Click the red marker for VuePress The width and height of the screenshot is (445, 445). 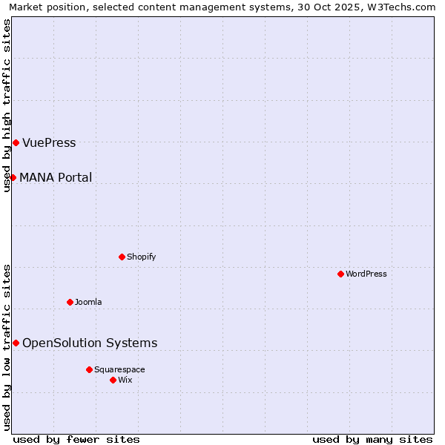[16, 142]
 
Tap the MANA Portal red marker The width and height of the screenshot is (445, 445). [13, 177]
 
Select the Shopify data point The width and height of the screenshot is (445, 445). [122, 257]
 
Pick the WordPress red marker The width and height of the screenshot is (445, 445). [340, 274]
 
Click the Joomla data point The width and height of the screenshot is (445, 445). [70, 302]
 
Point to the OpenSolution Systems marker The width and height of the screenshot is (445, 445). [16, 343]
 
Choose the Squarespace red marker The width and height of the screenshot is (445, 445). [89, 369]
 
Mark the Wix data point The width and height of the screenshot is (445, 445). [113, 380]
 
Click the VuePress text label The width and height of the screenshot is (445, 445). [49, 143]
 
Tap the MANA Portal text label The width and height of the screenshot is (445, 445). [56, 178]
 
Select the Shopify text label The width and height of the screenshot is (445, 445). [141, 257]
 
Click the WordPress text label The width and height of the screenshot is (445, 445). [366, 274]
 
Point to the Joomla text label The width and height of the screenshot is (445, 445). [88, 303]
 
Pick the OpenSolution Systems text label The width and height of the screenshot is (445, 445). [90, 343]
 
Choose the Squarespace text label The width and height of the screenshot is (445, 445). [119, 370]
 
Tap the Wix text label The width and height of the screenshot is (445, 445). [125, 380]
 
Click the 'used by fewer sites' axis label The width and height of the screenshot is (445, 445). [76, 439]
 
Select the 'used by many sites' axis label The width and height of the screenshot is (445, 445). [372, 439]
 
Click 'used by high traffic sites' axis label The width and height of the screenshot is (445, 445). [7, 105]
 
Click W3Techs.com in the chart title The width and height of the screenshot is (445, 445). [401, 7]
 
